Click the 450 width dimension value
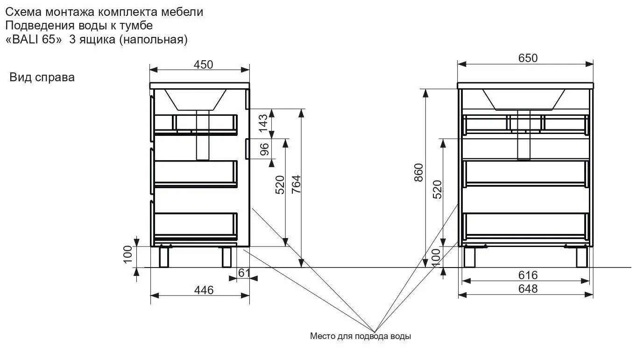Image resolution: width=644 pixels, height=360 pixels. (203, 65)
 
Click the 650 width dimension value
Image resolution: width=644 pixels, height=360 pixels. (528, 58)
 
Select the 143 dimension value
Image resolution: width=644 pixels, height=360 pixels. (263, 123)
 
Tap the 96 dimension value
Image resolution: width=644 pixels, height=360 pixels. (264, 149)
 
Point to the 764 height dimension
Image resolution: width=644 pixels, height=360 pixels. (296, 184)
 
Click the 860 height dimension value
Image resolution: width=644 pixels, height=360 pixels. (418, 172)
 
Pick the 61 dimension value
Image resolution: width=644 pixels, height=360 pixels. (244, 273)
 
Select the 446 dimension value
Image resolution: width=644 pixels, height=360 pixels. (204, 290)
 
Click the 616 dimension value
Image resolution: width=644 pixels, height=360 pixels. (528, 275)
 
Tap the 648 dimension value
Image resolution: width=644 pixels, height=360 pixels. (528, 289)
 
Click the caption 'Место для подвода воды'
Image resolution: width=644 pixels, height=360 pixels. (361, 336)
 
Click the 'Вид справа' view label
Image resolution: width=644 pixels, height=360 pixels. (42, 77)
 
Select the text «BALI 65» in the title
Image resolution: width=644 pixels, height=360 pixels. (34, 39)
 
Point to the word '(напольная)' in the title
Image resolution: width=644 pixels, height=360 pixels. (154, 39)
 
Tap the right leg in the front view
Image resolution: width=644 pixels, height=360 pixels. (582, 257)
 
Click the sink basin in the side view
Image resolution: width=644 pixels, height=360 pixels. (196, 99)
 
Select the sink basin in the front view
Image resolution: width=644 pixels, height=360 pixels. (524, 99)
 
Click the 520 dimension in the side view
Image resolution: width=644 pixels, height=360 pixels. (280, 185)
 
